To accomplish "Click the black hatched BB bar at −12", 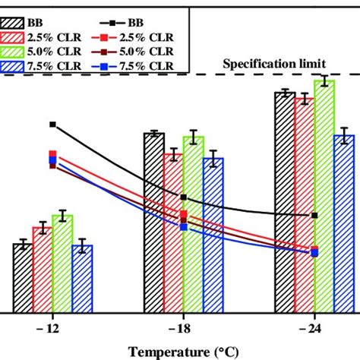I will [23, 278].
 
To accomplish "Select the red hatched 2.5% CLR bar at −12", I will [42, 270].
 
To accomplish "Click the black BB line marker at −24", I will [314, 216].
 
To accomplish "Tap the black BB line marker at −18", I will [184, 197].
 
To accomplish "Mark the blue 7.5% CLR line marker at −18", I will [184, 227].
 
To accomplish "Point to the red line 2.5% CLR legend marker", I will [112, 37].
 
